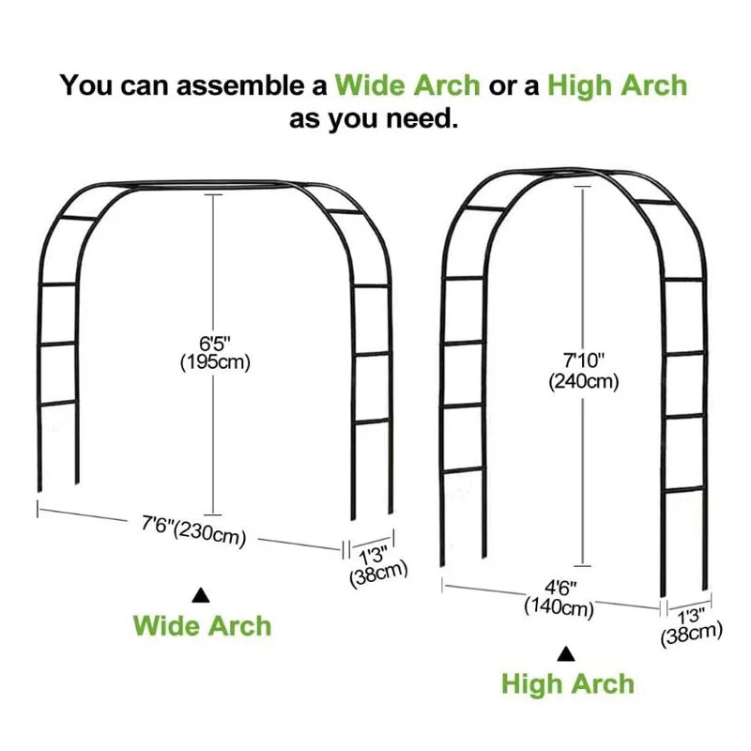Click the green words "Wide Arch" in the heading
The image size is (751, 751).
tap(407, 85)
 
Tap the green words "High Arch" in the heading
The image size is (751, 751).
tap(617, 85)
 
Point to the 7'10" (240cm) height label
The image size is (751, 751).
tap(583, 370)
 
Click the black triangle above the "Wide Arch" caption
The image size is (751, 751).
tap(201, 594)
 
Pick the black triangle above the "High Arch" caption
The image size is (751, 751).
tap(566, 653)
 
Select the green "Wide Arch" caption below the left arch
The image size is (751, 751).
tap(202, 625)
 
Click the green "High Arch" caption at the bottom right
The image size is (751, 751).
tap(567, 683)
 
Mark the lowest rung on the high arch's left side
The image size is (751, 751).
tap(465, 469)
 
